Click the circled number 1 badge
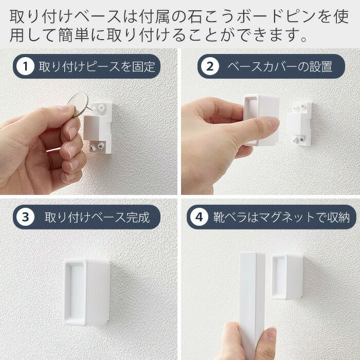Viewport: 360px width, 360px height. click(x=25, y=66)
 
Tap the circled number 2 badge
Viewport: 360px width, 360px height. click(x=210, y=66)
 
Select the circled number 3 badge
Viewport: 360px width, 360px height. click(x=25, y=217)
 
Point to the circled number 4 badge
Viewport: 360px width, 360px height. click(x=199, y=217)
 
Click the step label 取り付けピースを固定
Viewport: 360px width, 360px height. click(x=97, y=66)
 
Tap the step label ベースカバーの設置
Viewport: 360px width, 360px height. click(x=280, y=66)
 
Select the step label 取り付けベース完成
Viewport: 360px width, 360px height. click(x=97, y=217)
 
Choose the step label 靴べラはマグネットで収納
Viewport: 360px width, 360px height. click(x=281, y=217)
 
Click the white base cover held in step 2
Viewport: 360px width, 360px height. click(x=261, y=120)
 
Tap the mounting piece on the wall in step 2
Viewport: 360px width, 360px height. click(x=300, y=124)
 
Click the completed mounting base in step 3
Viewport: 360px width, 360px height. click(x=86, y=292)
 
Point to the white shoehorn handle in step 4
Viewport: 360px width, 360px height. click(x=252, y=303)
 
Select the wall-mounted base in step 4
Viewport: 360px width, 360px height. click(x=287, y=277)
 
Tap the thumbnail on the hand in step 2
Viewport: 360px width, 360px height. click(x=273, y=124)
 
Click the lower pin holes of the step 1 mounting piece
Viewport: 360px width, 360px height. click(x=97, y=147)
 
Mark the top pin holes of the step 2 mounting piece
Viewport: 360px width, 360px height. click(x=300, y=107)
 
